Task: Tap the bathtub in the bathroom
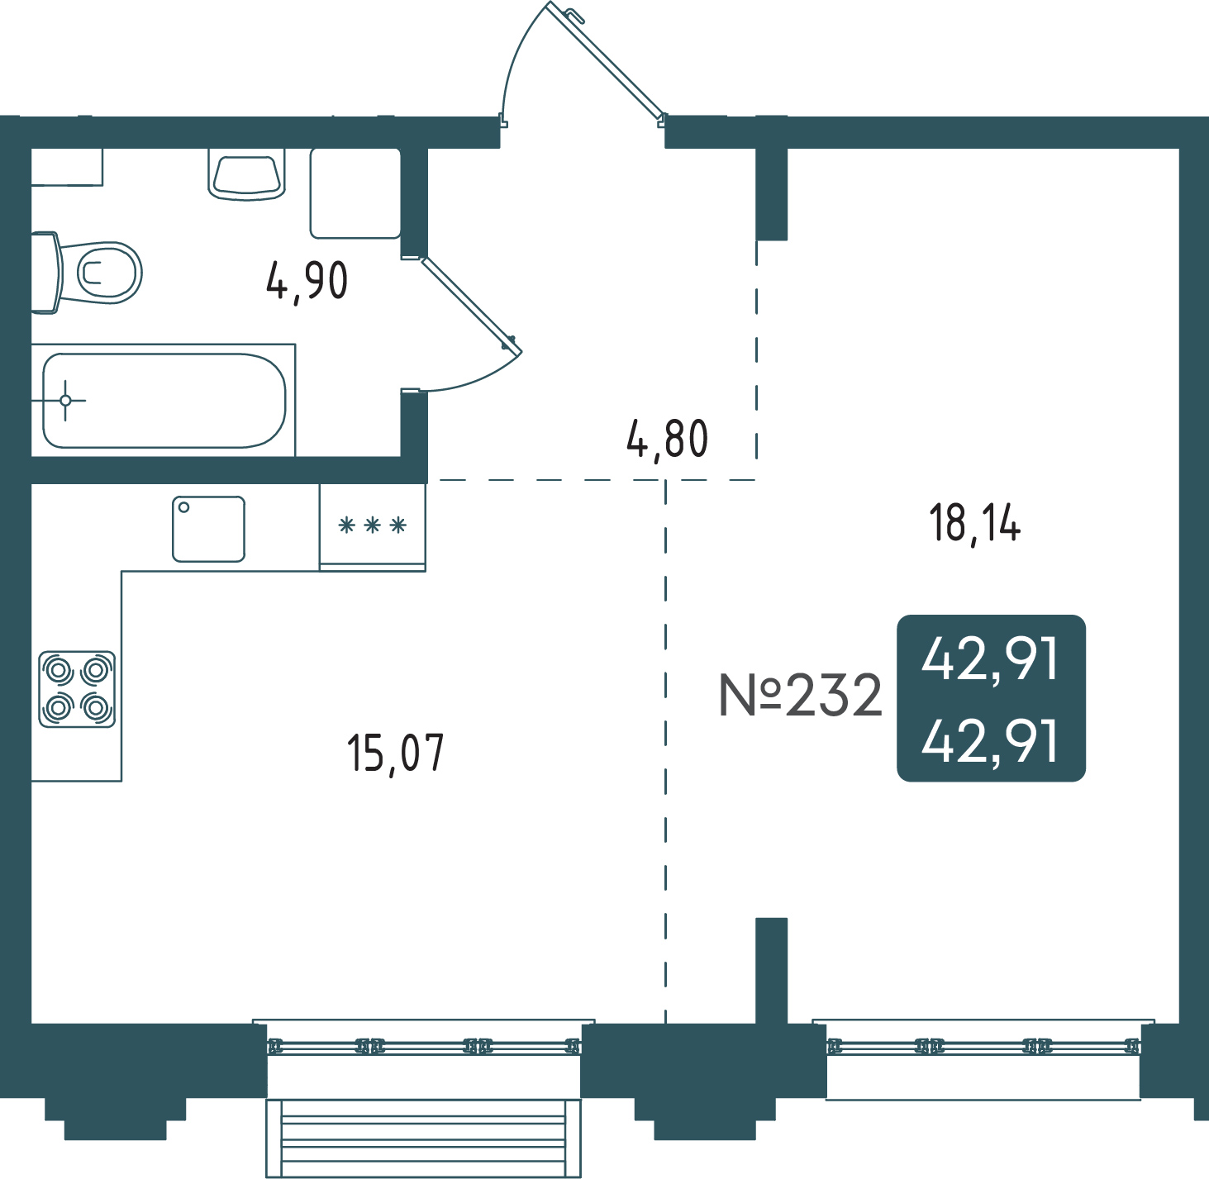click(x=164, y=401)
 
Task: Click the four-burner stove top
click(x=77, y=689)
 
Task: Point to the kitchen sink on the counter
click(x=209, y=529)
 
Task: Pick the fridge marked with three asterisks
click(x=372, y=527)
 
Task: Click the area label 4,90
click(x=307, y=282)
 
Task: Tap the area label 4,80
click(x=667, y=440)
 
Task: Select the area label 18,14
click(x=975, y=523)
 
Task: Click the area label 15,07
click(x=396, y=754)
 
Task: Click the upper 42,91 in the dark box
click(x=990, y=659)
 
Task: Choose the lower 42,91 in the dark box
click(x=990, y=741)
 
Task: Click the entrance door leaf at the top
click(x=605, y=59)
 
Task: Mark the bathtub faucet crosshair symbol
click(x=65, y=401)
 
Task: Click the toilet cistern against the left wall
click(x=45, y=273)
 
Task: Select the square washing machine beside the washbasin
click(x=355, y=193)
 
